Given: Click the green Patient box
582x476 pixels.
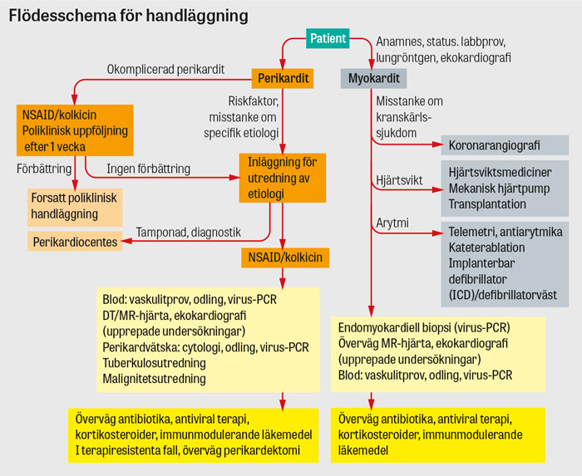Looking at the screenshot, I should point(327,37).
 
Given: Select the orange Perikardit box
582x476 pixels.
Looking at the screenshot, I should point(283,79).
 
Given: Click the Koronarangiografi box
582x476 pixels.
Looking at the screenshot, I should point(494,145).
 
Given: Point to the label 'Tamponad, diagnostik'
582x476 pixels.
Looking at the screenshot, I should point(189,233).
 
